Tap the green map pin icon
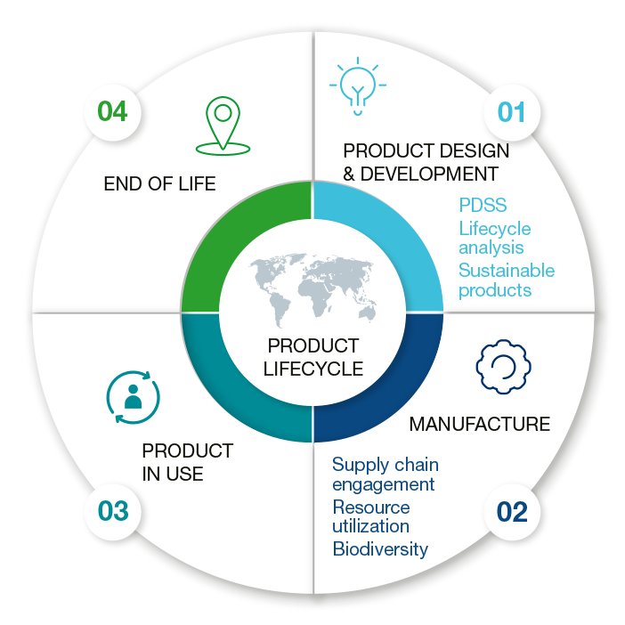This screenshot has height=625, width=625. (223, 124)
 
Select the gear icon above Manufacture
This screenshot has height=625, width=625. (504, 364)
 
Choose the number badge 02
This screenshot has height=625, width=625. (512, 512)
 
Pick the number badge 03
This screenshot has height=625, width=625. (113, 512)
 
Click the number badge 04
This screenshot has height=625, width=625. (112, 112)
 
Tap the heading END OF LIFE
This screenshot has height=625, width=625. (159, 184)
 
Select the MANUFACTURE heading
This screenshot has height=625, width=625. (479, 424)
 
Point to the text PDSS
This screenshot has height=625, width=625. (483, 207)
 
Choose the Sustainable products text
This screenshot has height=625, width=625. (506, 280)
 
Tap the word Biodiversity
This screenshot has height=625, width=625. (380, 548)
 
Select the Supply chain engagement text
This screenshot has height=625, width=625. (385, 475)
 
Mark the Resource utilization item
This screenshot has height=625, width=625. (371, 516)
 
